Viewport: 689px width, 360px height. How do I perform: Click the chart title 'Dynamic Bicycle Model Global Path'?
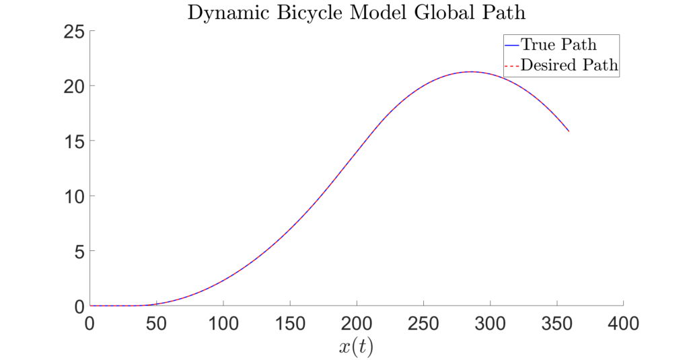pos(356,14)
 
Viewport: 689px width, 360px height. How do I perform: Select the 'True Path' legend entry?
pos(558,45)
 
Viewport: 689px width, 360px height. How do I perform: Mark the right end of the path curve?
pos(569,131)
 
